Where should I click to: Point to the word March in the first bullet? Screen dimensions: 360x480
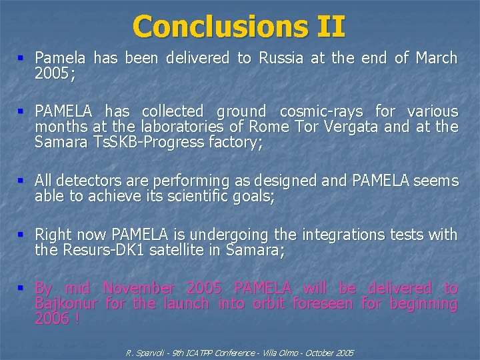coord(436,59)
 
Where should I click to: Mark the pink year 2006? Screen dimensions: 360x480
coord(51,319)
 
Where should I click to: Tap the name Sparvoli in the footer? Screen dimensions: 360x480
coord(149,352)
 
